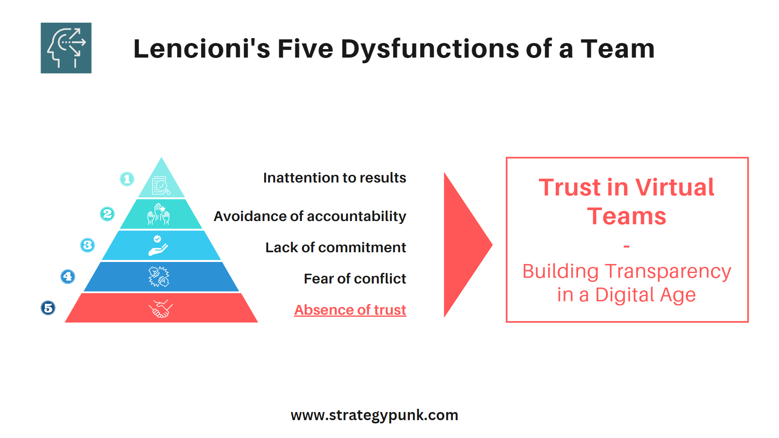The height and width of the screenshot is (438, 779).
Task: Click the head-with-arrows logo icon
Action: tap(66, 48)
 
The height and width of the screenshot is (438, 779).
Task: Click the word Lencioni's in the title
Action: tap(201, 49)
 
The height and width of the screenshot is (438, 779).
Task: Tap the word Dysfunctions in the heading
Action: tap(430, 49)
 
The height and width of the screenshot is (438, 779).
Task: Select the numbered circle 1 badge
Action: tap(127, 179)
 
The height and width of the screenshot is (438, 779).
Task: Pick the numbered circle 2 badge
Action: tap(107, 214)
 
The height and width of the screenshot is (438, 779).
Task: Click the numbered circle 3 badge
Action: tap(87, 245)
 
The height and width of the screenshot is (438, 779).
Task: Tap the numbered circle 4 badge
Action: tap(68, 277)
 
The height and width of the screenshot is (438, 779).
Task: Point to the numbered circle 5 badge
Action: tap(48, 308)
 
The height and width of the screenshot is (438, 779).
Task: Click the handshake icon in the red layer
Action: tap(161, 309)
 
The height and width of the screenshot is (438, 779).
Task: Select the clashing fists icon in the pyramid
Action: tap(159, 277)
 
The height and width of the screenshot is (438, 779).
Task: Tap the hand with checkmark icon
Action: tap(158, 246)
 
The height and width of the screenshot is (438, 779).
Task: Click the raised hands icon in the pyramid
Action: tap(159, 214)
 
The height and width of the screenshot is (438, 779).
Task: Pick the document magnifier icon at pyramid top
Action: tap(161, 185)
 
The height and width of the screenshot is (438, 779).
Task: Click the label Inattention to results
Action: tap(334, 178)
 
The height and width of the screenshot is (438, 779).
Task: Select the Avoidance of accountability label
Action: tap(310, 216)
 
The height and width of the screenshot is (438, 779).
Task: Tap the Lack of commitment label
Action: tap(336, 247)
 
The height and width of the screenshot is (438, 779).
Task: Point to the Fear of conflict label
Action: tap(355, 279)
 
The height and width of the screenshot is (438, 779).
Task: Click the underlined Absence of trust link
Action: tap(350, 310)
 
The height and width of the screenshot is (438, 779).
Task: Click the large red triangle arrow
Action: tap(465, 245)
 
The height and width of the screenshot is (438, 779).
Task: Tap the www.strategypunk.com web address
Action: tap(374, 415)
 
